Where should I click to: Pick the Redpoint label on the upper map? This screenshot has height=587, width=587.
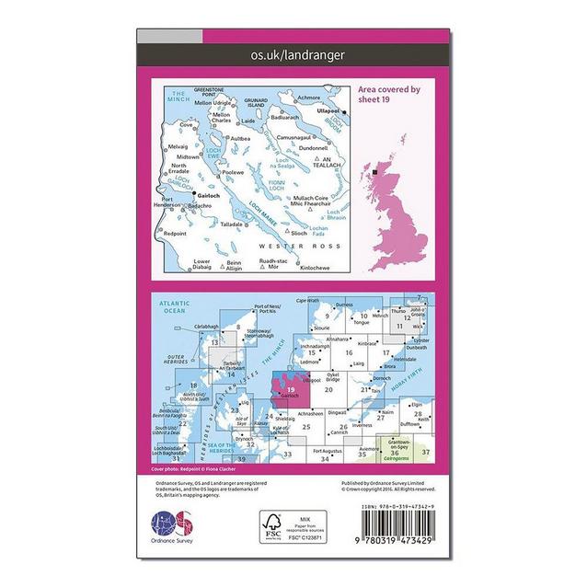(x=175, y=233)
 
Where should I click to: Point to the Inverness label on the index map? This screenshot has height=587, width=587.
(x=362, y=425)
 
